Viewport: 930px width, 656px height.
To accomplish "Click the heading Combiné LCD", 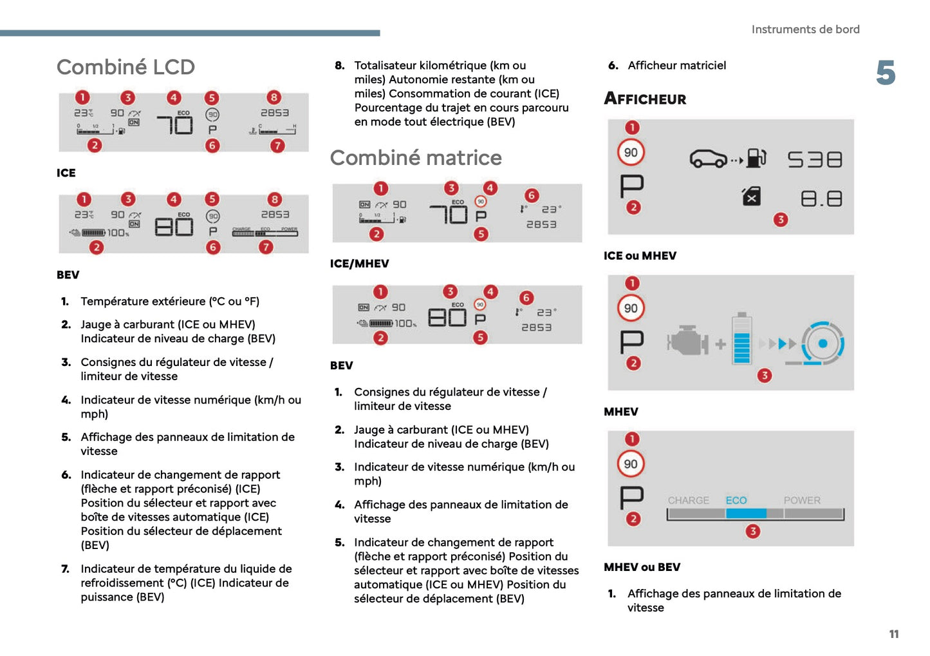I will coord(126,67).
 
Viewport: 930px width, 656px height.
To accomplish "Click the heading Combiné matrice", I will coord(416,158).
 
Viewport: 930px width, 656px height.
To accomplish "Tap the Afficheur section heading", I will coord(645,99).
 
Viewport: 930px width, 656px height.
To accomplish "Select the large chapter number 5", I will coord(886,73).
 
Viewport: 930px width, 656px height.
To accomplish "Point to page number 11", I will coord(893,634).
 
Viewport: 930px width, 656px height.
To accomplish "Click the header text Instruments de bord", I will coord(805,30).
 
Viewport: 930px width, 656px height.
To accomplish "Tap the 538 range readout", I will coord(815,159).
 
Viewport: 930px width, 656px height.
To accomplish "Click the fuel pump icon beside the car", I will coord(756,158).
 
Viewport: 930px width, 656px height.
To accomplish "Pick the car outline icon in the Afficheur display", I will coord(708,159).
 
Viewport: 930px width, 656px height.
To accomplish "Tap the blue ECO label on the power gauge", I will coord(736,501).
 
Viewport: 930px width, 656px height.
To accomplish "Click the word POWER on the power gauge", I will coord(802,501).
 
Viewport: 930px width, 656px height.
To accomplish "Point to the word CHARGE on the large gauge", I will coord(688,501).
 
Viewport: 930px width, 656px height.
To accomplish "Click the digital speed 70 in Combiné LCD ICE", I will coord(175,124).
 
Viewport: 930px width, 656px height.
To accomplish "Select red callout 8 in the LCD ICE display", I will coord(274,97).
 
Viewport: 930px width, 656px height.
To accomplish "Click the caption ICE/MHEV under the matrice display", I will coord(359,264).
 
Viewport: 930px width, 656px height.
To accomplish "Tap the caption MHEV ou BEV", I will coord(642,567).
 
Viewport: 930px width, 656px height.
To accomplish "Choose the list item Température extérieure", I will coord(170,301).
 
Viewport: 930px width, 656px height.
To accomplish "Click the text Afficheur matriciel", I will coord(676,65).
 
